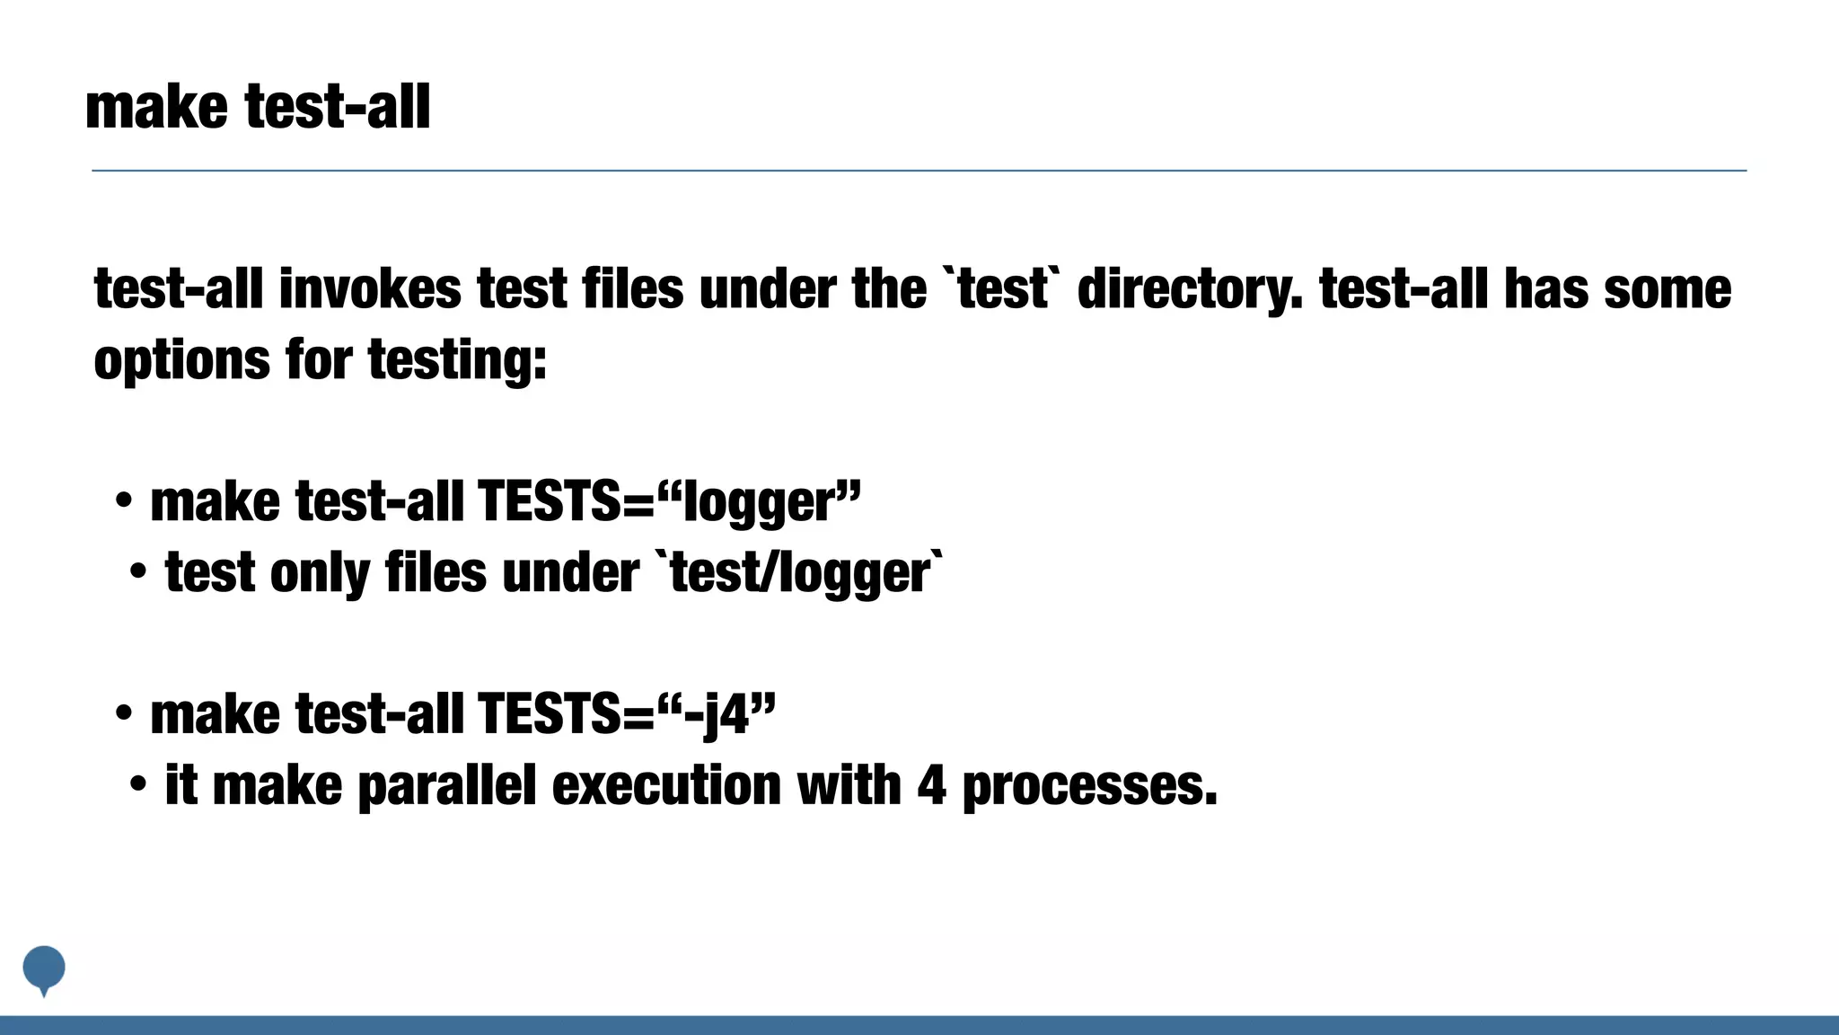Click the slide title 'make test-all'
[x=258, y=107]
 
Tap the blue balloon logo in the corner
[x=44, y=969]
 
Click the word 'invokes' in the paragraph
[x=370, y=289]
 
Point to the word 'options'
[x=181, y=361]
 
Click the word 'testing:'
[x=457, y=361]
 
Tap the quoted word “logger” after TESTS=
[x=760, y=501]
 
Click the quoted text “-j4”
[x=717, y=714]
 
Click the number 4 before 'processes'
[x=931, y=785]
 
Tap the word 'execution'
[x=666, y=785]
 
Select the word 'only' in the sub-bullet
[x=320, y=573]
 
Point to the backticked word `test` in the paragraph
[x=1001, y=289]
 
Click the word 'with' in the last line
[x=849, y=785]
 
